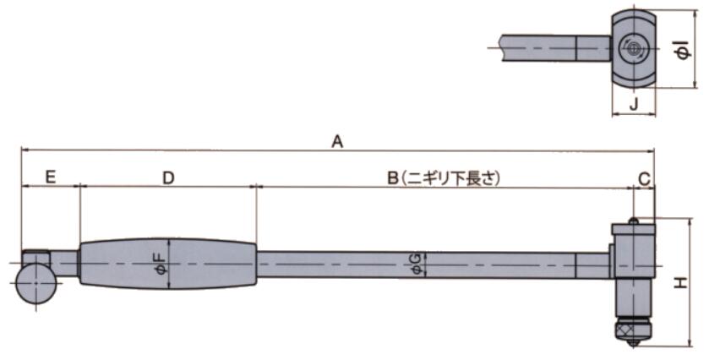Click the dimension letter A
336,142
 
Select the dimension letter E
50,177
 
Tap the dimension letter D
168,177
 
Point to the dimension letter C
644,177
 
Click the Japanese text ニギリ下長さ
453,177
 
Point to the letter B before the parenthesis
392,177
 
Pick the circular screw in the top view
633,47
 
